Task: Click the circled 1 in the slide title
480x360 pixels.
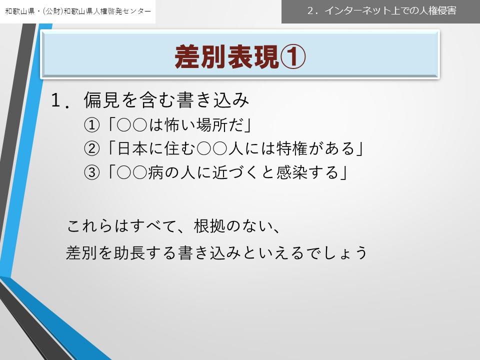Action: (292, 57)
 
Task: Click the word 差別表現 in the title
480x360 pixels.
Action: (227, 57)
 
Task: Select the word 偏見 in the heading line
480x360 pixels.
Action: (101, 100)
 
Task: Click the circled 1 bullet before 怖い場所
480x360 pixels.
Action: (92, 125)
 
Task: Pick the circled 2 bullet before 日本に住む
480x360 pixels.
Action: (92, 149)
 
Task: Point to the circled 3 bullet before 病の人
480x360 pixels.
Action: (92, 172)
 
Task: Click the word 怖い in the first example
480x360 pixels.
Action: (180, 125)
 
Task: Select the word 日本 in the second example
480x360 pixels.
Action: (132, 148)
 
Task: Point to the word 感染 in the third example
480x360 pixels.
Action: (291, 172)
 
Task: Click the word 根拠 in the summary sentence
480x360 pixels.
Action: (209, 226)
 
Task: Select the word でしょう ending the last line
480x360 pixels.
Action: (337, 253)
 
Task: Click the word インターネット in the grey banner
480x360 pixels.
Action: (357, 10)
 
